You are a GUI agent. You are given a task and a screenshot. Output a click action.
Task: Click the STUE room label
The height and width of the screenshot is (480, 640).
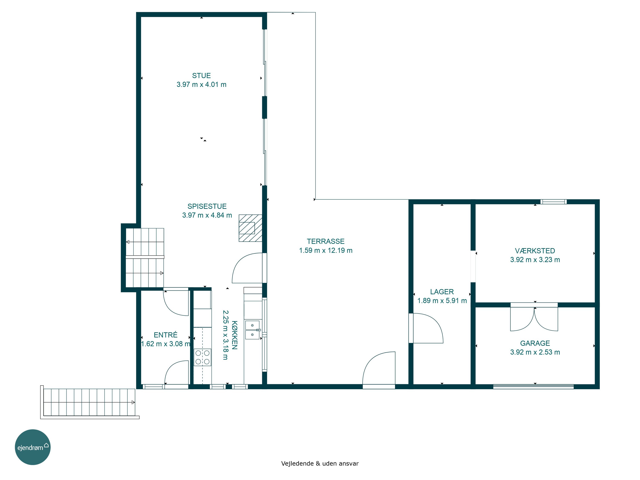(x=201, y=76)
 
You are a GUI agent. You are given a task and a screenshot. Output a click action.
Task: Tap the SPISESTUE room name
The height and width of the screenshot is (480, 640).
(x=207, y=206)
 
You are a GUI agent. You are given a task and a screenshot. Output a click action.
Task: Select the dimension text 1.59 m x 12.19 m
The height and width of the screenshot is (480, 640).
(x=326, y=250)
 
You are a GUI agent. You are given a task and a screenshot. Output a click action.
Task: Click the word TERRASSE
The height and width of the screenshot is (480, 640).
(x=326, y=241)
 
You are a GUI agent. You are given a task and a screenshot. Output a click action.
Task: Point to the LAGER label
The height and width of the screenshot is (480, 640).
(x=442, y=292)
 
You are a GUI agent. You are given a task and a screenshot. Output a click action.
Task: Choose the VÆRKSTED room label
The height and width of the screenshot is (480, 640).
(x=535, y=251)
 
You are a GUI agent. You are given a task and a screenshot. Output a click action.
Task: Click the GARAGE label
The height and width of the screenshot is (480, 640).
(x=535, y=343)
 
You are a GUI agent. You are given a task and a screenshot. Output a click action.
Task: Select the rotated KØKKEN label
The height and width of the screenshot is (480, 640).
(x=235, y=335)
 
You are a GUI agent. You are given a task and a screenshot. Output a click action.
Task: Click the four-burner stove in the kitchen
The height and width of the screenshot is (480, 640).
(x=202, y=357)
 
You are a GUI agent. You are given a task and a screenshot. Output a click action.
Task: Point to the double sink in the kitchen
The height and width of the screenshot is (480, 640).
(x=253, y=330)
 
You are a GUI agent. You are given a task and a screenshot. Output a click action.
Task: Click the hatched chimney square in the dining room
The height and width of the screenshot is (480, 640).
(x=250, y=228)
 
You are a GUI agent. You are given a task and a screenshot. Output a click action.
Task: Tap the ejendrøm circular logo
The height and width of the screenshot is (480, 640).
(x=33, y=447)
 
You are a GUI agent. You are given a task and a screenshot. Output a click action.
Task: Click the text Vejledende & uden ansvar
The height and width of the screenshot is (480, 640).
(x=320, y=464)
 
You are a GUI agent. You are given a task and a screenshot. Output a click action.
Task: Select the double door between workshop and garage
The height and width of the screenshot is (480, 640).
(x=534, y=317)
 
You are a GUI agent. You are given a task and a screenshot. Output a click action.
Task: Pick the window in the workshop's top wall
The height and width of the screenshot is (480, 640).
(x=553, y=202)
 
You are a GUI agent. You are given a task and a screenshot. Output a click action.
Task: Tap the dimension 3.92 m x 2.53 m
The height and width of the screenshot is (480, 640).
(x=535, y=352)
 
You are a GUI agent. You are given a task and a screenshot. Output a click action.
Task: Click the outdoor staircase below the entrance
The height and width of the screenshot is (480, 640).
(x=89, y=402)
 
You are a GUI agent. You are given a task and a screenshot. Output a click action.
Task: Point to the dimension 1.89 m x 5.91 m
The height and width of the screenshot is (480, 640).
(x=442, y=301)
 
